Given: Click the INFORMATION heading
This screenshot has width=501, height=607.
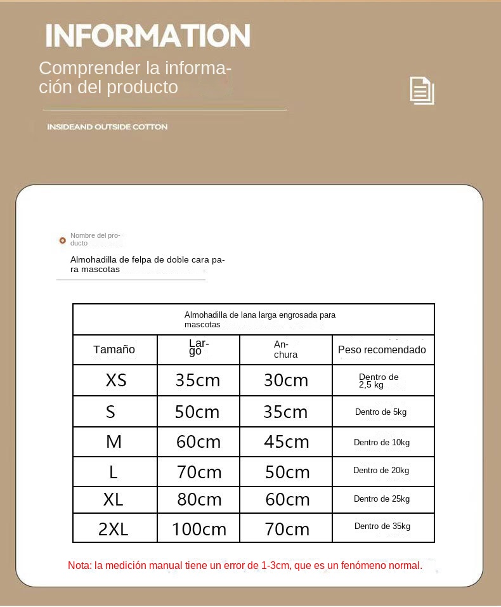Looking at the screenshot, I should coord(148,36).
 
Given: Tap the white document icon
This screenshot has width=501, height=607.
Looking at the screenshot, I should coord(422,91).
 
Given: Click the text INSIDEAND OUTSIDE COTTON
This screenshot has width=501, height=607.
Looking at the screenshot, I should coord(107,127).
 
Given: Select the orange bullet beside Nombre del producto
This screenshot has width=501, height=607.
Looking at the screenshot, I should coord(62,240).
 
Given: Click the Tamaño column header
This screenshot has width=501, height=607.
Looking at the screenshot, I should coord(114,349).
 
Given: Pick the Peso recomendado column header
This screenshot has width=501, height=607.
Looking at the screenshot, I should coord(382,349).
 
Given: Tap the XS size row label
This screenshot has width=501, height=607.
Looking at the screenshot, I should coord(116,380).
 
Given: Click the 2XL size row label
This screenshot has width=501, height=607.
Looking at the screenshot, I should coord(114,529).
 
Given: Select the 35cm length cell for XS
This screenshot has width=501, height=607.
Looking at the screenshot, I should coord(198,380).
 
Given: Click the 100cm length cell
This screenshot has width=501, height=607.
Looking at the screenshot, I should coord(199,529).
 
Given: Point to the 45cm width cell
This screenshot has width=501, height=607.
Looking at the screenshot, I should coord(286,441).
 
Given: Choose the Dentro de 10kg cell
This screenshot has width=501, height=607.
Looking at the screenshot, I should coord(382,442).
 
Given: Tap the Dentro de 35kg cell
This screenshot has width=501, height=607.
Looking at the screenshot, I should coord(382,526).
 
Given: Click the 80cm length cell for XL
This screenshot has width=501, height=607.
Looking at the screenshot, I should coord(199,500).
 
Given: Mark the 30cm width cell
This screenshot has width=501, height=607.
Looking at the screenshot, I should coord(286,380).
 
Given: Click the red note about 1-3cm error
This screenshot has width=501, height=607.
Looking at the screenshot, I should coord(245,565).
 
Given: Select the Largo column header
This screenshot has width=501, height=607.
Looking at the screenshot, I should coord(198,347).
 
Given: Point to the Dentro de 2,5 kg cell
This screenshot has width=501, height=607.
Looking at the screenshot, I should coord(379,381).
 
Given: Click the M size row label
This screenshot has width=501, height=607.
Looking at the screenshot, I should coord(114,441).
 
